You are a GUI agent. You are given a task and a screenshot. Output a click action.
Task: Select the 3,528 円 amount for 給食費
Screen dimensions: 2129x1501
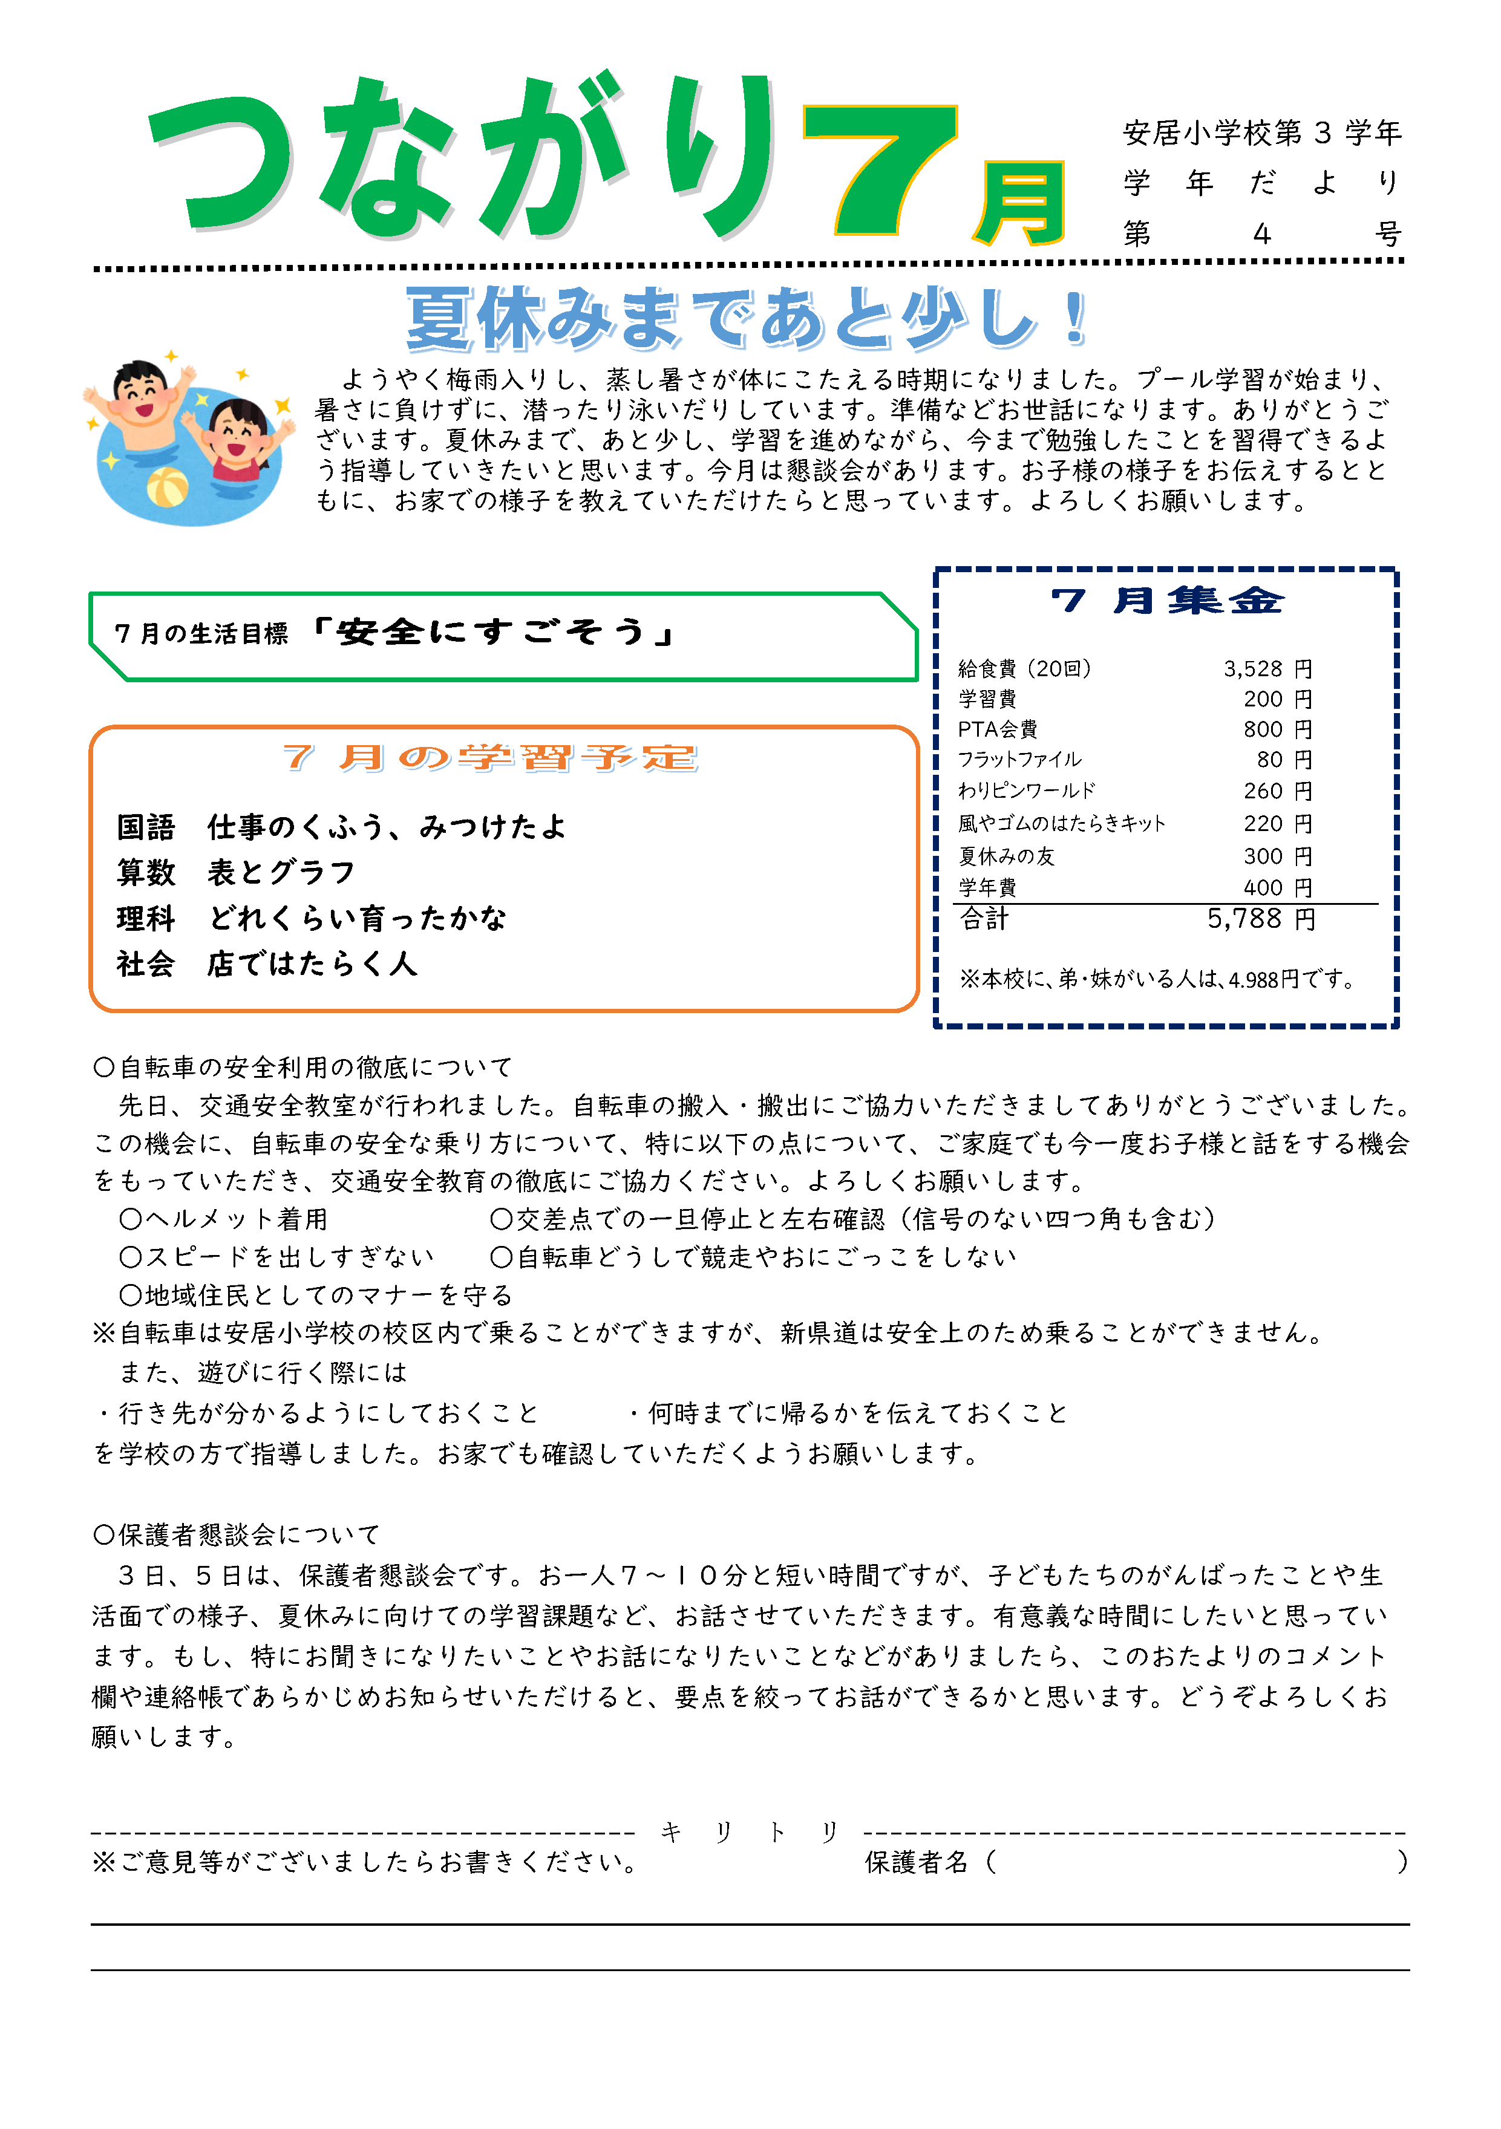tap(1267, 668)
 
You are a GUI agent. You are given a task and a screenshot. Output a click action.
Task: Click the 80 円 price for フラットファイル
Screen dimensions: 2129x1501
tap(1284, 760)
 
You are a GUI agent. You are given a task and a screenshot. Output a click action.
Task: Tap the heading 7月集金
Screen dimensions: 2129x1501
tap(1167, 601)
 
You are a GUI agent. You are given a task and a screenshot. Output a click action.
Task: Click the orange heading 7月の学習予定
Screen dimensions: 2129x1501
tap(489, 758)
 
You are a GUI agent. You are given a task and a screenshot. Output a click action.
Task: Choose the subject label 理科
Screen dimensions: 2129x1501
tap(146, 918)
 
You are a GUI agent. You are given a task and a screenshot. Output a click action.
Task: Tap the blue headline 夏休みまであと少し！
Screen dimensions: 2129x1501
tap(747, 318)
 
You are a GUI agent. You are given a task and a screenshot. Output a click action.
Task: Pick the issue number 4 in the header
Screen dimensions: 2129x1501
tap(1261, 233)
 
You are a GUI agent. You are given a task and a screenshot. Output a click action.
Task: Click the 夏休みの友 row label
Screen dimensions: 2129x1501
tap(1007, 856)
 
